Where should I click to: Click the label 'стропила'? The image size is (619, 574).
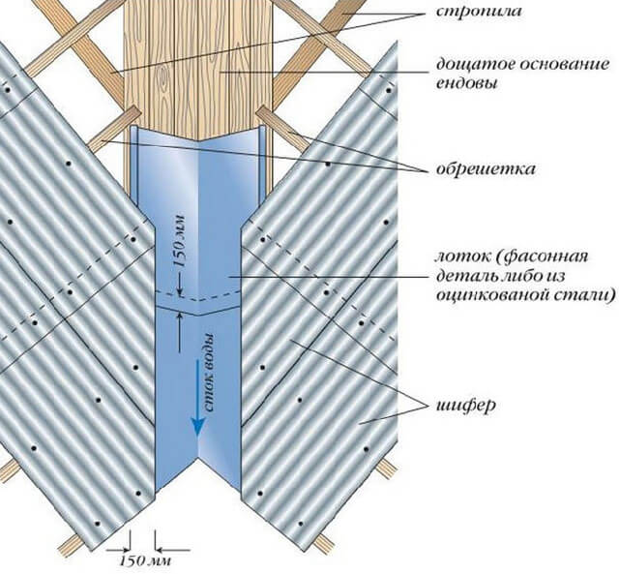(x=479, y=12)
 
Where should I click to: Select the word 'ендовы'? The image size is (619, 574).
(x=466, y=83)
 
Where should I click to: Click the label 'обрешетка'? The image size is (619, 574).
(x=486, y=169)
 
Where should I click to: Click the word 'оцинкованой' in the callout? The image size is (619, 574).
(x=487, y=295)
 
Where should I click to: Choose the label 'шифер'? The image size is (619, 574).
(x=466, y=406)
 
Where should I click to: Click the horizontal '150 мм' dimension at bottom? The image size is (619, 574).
(x=145, y=560)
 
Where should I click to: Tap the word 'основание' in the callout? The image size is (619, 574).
(x=556, y=65)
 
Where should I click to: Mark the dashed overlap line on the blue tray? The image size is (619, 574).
(x=197, y=295)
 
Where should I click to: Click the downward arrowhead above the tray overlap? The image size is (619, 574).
(x=180, y=291)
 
